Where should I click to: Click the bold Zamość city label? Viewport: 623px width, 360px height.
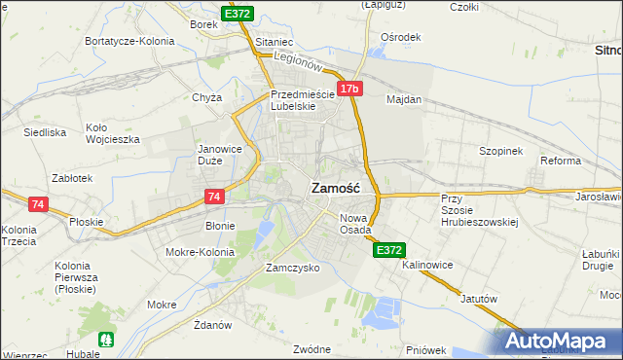tap(336, 190)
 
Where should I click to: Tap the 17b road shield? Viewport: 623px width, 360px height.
tap(350, 90)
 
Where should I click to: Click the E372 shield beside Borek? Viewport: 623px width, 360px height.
tap(238, 14)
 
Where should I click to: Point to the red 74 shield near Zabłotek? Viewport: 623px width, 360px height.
tap(38, 204)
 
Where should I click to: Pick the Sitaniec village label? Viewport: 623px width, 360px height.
tap(274, 44)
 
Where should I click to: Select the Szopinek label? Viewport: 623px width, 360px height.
tap(501, 152)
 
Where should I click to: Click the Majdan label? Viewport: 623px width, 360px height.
tap(404, 99)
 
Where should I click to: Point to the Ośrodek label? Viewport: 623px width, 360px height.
tap(401, 37)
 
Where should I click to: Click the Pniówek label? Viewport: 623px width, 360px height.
tap(426, 349)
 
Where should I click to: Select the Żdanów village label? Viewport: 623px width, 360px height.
tap(211, 324)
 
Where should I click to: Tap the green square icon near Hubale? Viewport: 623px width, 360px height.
tap(108, 341)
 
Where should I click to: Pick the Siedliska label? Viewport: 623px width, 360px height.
tap(44, 131)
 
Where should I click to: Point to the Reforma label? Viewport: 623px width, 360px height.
tap(561, 161)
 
